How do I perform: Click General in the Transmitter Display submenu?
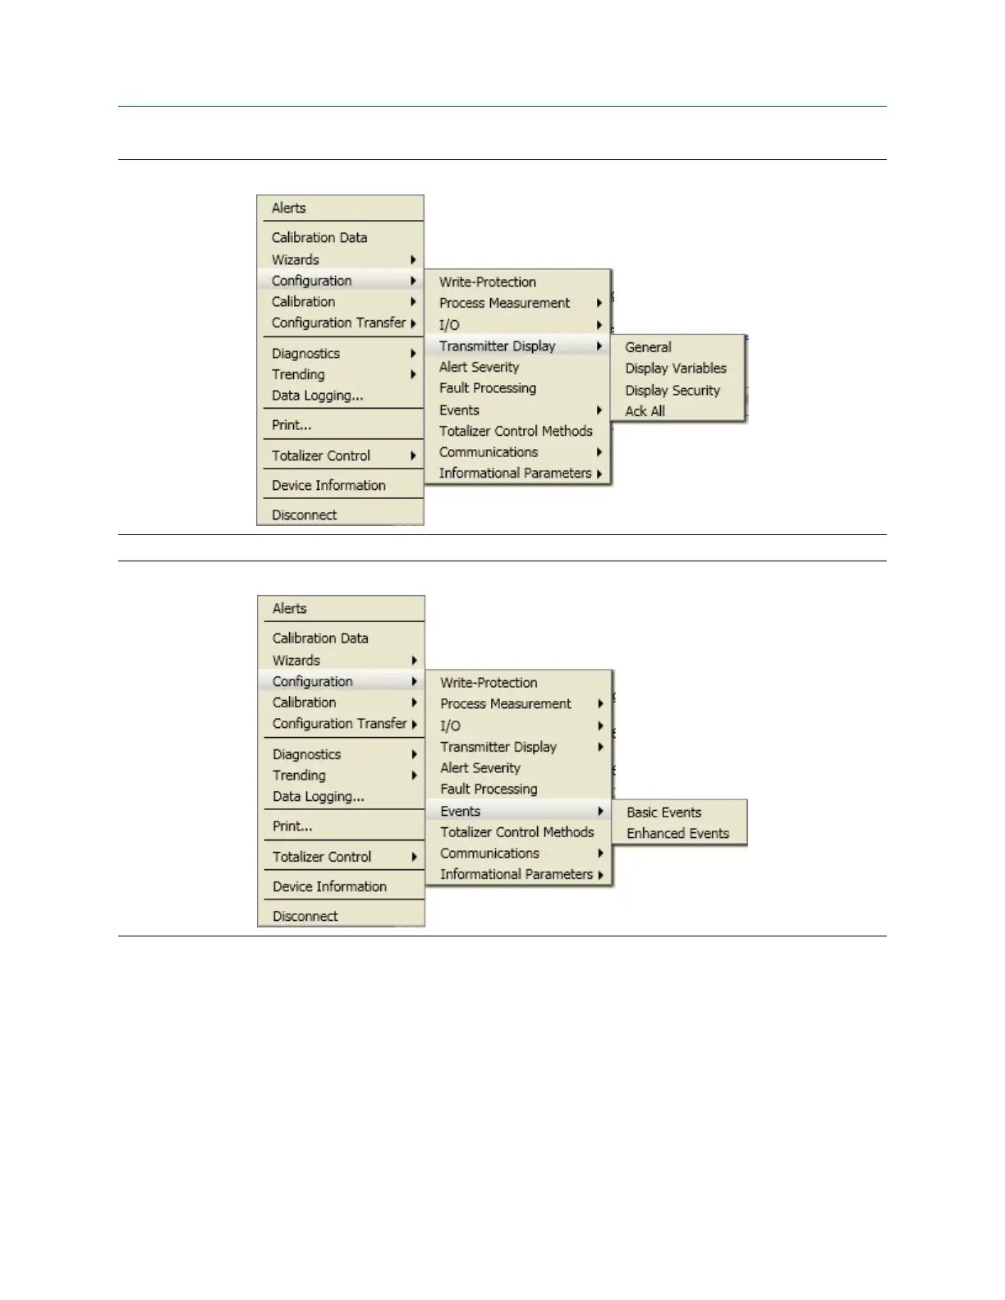648,347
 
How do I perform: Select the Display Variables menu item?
675,368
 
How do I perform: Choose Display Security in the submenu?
672,390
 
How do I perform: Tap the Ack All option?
645,411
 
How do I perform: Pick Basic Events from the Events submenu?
663,812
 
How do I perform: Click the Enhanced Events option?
677,833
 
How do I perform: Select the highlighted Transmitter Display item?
498,346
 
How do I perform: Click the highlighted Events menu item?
461,811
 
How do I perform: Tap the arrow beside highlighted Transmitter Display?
599,346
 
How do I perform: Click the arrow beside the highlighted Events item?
601,811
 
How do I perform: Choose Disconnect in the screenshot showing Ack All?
304,515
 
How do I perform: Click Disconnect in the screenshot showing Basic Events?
305,916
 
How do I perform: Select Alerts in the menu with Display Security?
288,208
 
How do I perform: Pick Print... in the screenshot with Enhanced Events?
292,826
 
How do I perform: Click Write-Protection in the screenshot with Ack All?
487,282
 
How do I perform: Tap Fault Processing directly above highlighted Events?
489,789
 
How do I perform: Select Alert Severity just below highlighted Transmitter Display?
479,367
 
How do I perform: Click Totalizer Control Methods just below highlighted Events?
516,832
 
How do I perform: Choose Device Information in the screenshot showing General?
328,485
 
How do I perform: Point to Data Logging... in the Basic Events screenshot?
318,796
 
